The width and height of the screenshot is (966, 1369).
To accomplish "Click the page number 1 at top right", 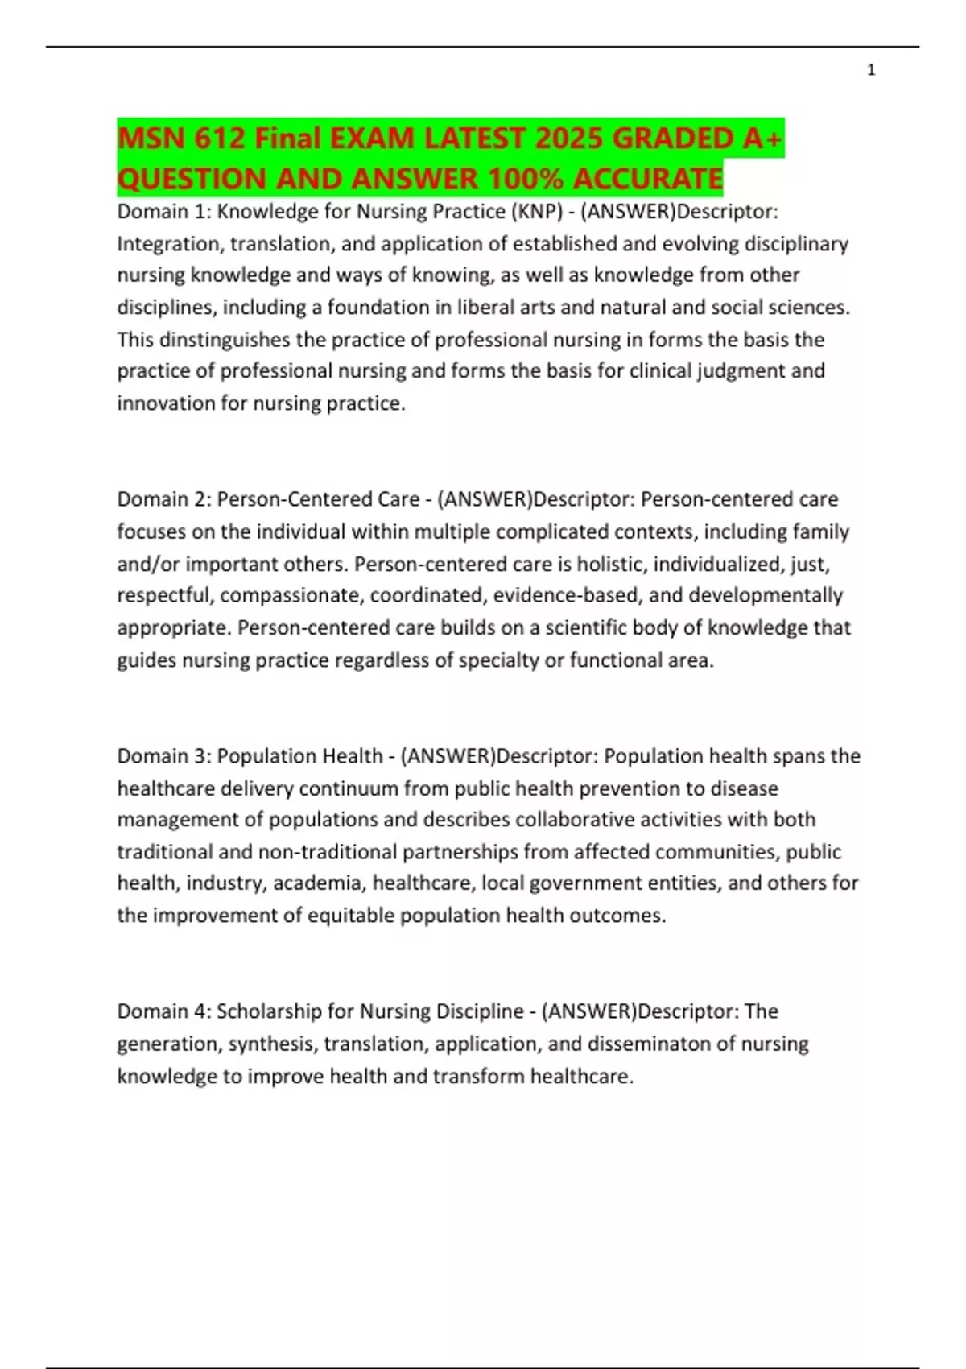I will pyautogui.click(x=871, y=71).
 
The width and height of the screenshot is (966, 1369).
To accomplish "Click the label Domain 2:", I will pyautogui.click(x=164, y=499).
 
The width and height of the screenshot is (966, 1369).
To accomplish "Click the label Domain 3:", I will pyautogui.click(x=164, y=756).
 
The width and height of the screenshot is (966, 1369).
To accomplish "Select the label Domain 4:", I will pyautogui.click(x=164, y=1011).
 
